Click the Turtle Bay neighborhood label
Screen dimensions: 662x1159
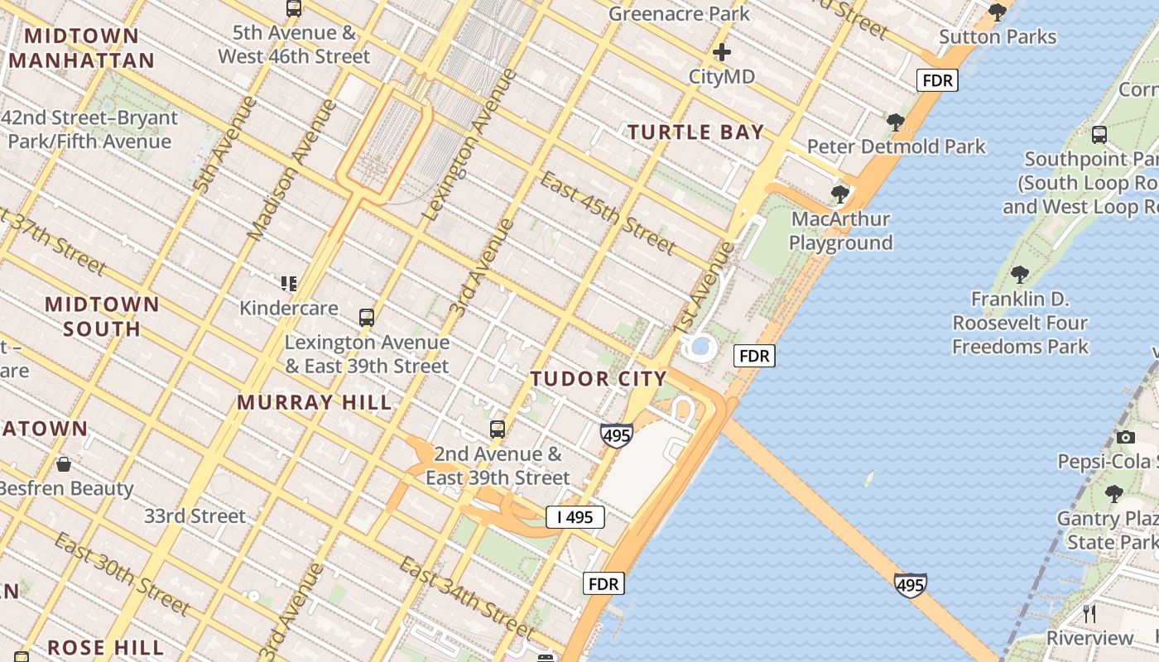pyautogui.click(x=695, y=132)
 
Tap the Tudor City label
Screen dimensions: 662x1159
pyautogui.click(x=598, y=379)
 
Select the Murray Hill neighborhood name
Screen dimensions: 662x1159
pyautogui.click(x=314, y=403)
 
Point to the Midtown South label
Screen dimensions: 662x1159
pyautogui.click(x=102, y=316)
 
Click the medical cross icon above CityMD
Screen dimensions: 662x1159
pyautogui.click(x=722, y=53)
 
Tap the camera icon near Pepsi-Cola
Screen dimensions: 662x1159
pyautogui.click(x=1125, y=437)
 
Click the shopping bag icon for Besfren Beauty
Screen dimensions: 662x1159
pyautogui.click(x=64, y=464)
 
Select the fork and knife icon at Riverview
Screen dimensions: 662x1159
pyautogui.click(x=1089, y=613)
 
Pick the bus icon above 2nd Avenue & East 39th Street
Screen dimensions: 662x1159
pyautogui.click(x=497, y=429)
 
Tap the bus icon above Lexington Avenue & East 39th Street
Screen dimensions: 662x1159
pyautogui.click(x=367, y=318)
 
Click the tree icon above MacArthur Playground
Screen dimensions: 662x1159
pyautogui.click(x=840, y=194)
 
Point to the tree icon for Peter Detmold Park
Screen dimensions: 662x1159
pyautogui.click(x=895, y=122)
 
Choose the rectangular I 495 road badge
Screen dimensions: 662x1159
pyautogui.click(x=575, y=517)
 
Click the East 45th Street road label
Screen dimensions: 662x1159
pyautogui.click(x=608, y=213)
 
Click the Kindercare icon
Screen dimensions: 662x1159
pyautogui.click(x=288, y=284)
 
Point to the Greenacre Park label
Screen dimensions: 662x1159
pyautogui.click(x=679, y=14)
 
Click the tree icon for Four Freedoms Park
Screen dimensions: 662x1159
pyautogui.click(x=1020, y=275)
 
